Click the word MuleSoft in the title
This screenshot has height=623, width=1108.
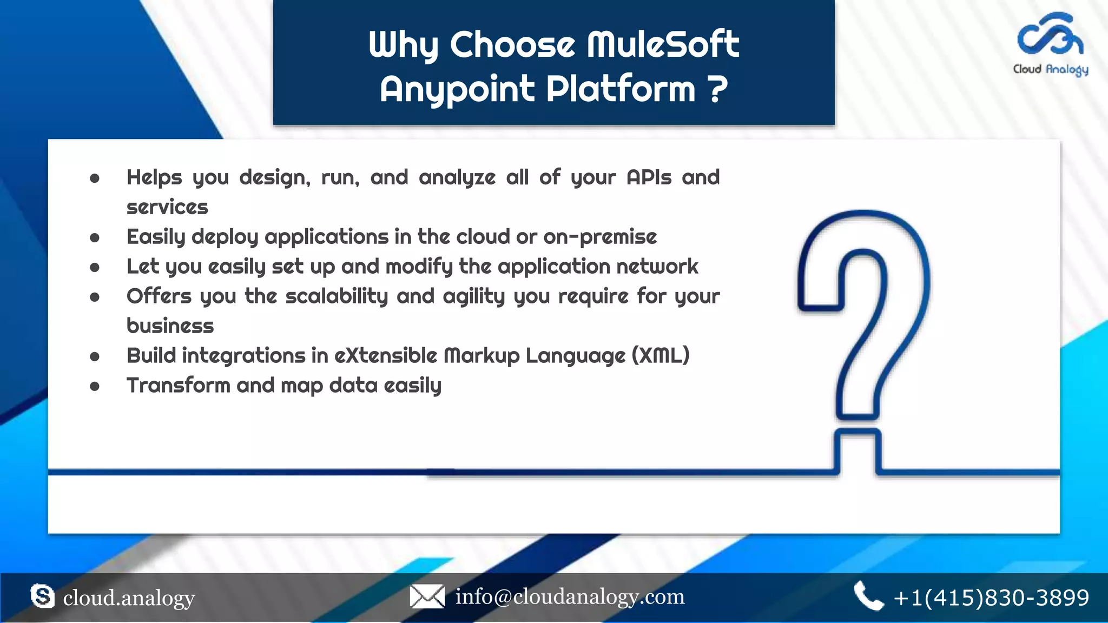[x=663, y=44]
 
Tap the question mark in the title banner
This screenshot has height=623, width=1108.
[x=717, y=89]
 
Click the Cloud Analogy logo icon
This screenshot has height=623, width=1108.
[x=1050, y=35]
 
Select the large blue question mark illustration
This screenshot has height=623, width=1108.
[x=864, y=324]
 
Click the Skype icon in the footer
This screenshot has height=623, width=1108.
[x=42, y=597]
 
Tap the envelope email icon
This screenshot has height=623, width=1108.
[x=427, y=597]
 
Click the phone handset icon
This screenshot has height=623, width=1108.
[x=868, y=597]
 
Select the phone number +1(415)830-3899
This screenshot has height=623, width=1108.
[x=991, y=598]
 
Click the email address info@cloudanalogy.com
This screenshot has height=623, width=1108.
[x=570, y=597]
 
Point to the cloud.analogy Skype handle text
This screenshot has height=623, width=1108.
[x=129, y=598]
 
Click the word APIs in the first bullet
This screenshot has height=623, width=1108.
[x=649, y=177]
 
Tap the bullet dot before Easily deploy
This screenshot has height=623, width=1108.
[x=95, y=237]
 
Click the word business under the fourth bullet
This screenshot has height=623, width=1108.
[x=170, y=326]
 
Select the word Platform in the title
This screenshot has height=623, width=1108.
[x=621, y=89]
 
